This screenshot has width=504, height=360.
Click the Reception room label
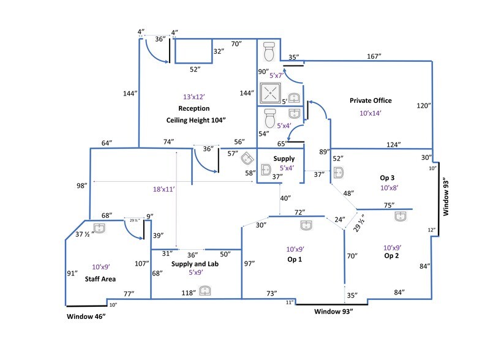pyautogui.click(x=194, y=108)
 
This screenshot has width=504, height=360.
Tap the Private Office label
pyautogui.click(x=370, y=100)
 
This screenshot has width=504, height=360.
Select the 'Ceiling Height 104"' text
pyautogui.click(x=196, y=120)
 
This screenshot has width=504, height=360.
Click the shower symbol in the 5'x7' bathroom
pyautogui.click(x=269, y=93)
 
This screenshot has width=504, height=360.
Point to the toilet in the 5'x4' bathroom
pyautogui.click(x=269, y=118)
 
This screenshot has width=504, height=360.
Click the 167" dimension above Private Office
pyautogui.click(x=374, y=56)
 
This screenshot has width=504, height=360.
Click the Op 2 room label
pyautogui.click(x=391, y=256)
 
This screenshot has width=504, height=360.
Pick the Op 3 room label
pyautogui.click(x=387, y=177)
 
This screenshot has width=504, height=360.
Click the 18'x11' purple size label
pyautogui.click(x=164, y=190)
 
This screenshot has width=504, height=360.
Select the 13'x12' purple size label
pyautogui.click(x=194, y=97)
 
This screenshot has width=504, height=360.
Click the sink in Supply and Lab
pyautogui.click(x=206, y=290)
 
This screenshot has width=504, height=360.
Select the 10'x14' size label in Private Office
pyautogui.click(x=370, y=113)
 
